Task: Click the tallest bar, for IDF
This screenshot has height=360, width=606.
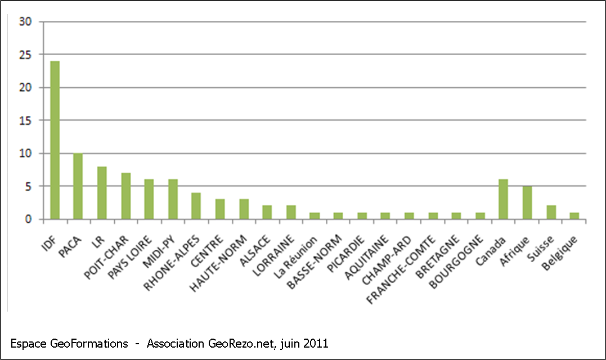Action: pyautogui.click(x=55, y=140)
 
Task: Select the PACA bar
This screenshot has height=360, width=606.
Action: pyautogui.click(x=78, y=186)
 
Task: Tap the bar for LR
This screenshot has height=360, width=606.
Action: pyautogui.click(x=102, y=193)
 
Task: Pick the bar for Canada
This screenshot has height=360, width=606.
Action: pyautogui.click(x=503, y=199)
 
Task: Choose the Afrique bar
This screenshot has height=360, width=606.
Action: pyautogui.click(x=527, y=202)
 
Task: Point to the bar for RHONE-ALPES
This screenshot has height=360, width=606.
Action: pyautogui.click(x=196, y=206)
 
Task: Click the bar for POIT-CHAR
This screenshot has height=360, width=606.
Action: pyautogui.click(x=125, y=196)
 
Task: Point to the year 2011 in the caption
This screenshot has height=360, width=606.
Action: pyautogui.click(x=316, y=343)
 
